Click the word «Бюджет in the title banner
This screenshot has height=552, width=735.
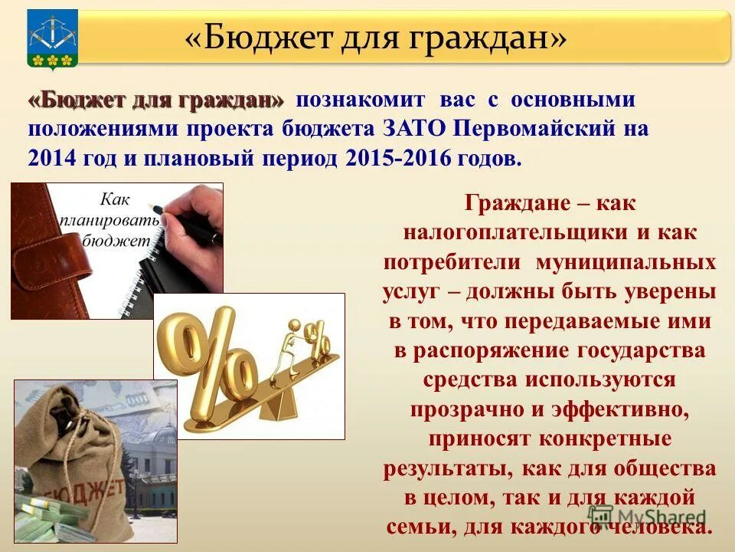point(253,37)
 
